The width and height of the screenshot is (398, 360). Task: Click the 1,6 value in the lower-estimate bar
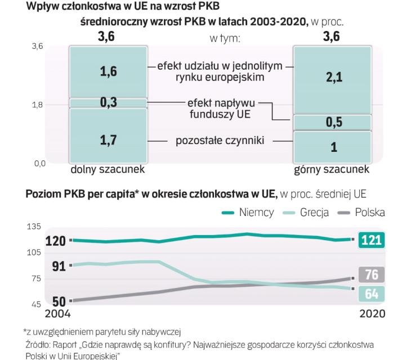click(x=108, y=73)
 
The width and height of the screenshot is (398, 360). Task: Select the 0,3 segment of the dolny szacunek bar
click(x=108, y=102)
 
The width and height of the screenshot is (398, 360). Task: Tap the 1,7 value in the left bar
click(x=108, y=139)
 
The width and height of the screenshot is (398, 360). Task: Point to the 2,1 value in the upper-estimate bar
click(x=333, y=78)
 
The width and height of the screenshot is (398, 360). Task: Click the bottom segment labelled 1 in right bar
click(x=333, y=147)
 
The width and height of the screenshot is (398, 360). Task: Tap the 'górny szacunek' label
click(x=332, y=169)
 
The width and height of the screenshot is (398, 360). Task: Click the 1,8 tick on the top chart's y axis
click(x=37, y=105)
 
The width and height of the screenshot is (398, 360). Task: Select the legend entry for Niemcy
click(x=248, y=213)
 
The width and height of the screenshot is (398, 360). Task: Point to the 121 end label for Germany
click(x=371, y=240)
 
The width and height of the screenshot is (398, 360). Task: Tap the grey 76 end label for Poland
click(x=371, y=275)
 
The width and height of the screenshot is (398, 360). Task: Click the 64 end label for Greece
click(x=371, y=293)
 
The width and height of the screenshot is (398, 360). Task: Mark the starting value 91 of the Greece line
click(x=59, y=265)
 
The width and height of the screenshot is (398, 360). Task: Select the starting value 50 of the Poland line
click(x=59, y=302)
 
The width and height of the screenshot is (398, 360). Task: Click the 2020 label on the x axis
click(x=372, y=313)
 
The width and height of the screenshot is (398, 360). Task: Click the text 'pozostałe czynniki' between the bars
click(x=220, y=140)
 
